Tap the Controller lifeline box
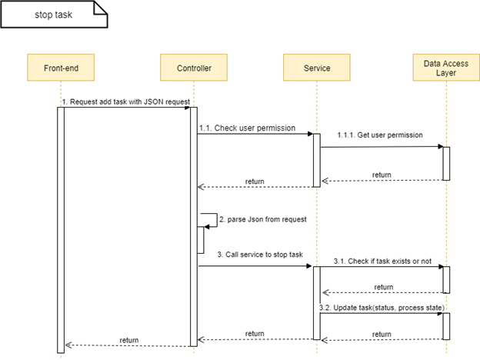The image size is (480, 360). pyautogui.click(x=192, y=68)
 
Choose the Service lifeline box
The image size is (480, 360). pyautogui.click(x=316, y=68)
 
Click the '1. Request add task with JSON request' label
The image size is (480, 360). pyautogui.click(x=126, y=102)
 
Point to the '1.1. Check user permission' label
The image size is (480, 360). pyautogui.click(x=246, y=128)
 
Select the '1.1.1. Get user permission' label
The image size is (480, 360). pyautogui.click(x=379, y=135)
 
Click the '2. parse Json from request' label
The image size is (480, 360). pyautogui.click(x=262, y=219)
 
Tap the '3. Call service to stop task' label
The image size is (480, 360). pyautogui.click(x=260, y=254)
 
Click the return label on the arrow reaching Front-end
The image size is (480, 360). pyautogui.click(x=128, y=339)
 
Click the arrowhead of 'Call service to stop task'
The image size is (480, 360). pyautogui.click(x=308, y=266)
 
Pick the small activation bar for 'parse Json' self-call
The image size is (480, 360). pyautogui.click(x=201, y=239)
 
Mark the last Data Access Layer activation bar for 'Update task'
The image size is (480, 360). pyautogui.click(x=445, y=325)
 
